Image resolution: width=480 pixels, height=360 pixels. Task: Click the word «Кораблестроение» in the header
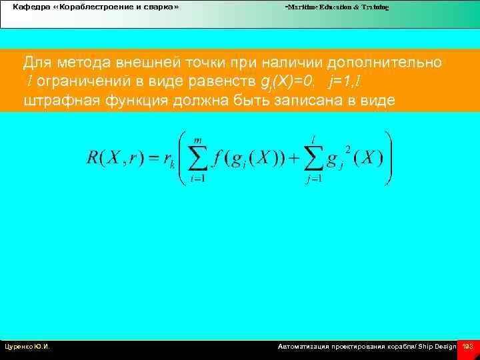(x=86, y=7)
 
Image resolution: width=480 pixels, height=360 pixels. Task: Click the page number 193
(x=467, y=347)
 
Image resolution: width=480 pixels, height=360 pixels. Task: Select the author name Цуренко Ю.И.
(x=27, y=347)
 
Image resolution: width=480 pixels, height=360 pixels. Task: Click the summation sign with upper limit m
(x=197, y=158)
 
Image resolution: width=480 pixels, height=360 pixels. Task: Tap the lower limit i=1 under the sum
(x=197, y=178)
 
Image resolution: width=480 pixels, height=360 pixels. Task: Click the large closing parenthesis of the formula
(x=389, y=158)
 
